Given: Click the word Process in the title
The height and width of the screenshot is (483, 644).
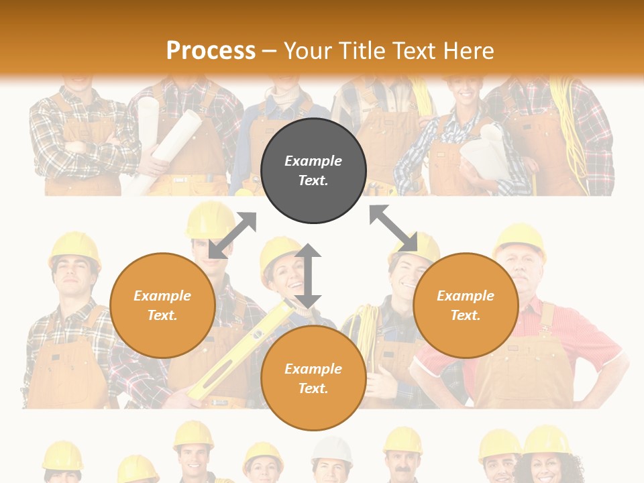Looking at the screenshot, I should click(x=211, y=51).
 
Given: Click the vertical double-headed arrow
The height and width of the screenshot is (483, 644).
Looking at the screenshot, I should click(x=308, y=276).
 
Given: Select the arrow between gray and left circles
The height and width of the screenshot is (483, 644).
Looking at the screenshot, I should click(x=232, y=235).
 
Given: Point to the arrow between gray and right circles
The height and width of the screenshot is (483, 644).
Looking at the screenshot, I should click(x=394, y=229).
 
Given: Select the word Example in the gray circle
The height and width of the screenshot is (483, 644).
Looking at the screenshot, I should click(x=313, y=161).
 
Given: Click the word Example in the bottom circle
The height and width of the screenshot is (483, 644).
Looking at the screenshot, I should click(x=313, y=369).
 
